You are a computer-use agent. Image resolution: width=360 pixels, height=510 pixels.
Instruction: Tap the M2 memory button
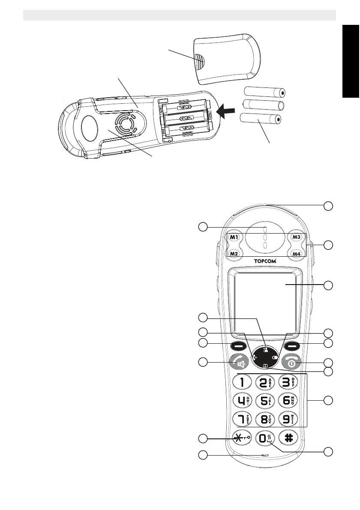tap(234, 254)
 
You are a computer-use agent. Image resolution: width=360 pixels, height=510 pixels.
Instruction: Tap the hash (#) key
tap(288, 438)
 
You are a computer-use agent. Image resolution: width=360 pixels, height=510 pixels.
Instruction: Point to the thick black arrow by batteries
tap(227, 111)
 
